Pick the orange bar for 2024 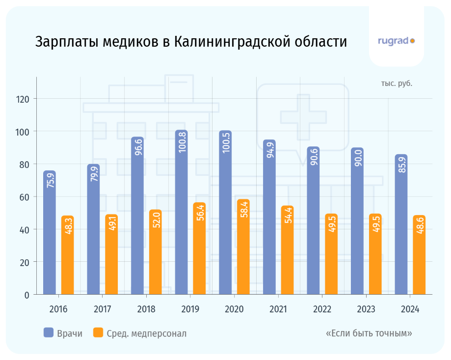[x=419, y=255]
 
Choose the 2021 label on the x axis [x=278, y=309]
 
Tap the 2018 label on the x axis [x=146, y=309]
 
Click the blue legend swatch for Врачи [x=48, y=333]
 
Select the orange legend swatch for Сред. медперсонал [x=98, y=333]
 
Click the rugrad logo [x=396, y=41]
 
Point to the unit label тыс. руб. [x=397, y=83]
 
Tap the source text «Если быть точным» [x=369, y=333]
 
